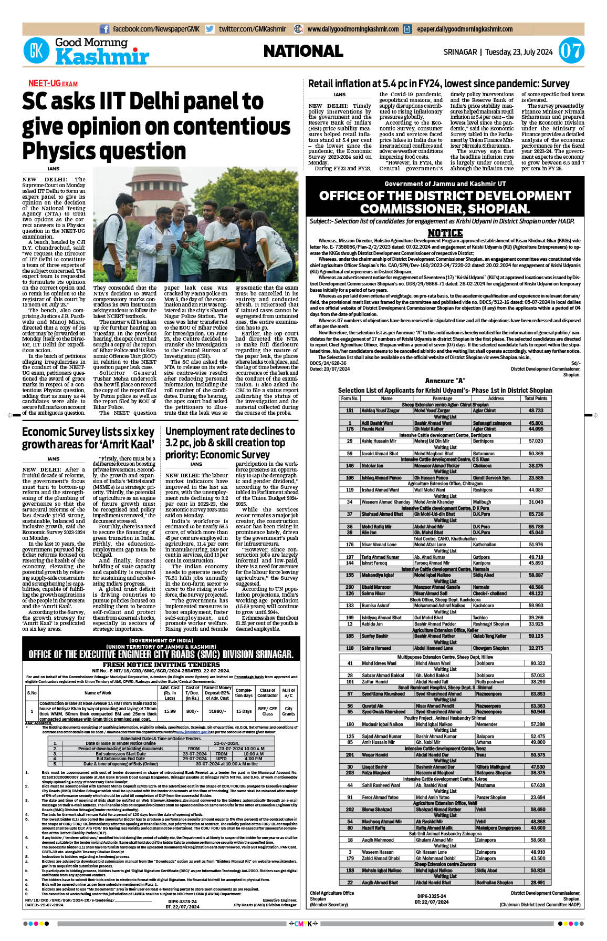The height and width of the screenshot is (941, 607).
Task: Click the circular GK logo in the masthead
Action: [x=36, y=51]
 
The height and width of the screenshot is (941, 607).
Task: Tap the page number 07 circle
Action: [x=570, y=51]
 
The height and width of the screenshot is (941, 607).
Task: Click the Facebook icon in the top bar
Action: [x=104, y=29]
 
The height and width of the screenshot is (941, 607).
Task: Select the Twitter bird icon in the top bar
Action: [x=210, y=29]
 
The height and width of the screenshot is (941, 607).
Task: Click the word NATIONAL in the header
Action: [x=303, y=51]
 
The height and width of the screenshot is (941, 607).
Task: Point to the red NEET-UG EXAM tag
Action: [x=53, y=84]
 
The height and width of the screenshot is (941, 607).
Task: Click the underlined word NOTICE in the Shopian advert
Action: [x=445, y=233]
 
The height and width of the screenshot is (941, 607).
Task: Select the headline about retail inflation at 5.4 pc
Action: [x=438, y=84]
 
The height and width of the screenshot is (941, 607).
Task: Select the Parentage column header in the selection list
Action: [x=442, y=398]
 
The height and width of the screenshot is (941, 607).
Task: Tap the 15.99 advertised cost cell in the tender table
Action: [x=170, y=711]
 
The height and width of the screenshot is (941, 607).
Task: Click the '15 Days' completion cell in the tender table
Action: [x=244, y=711]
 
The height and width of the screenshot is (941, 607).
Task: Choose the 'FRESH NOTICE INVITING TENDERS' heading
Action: [x=161, y=664]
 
